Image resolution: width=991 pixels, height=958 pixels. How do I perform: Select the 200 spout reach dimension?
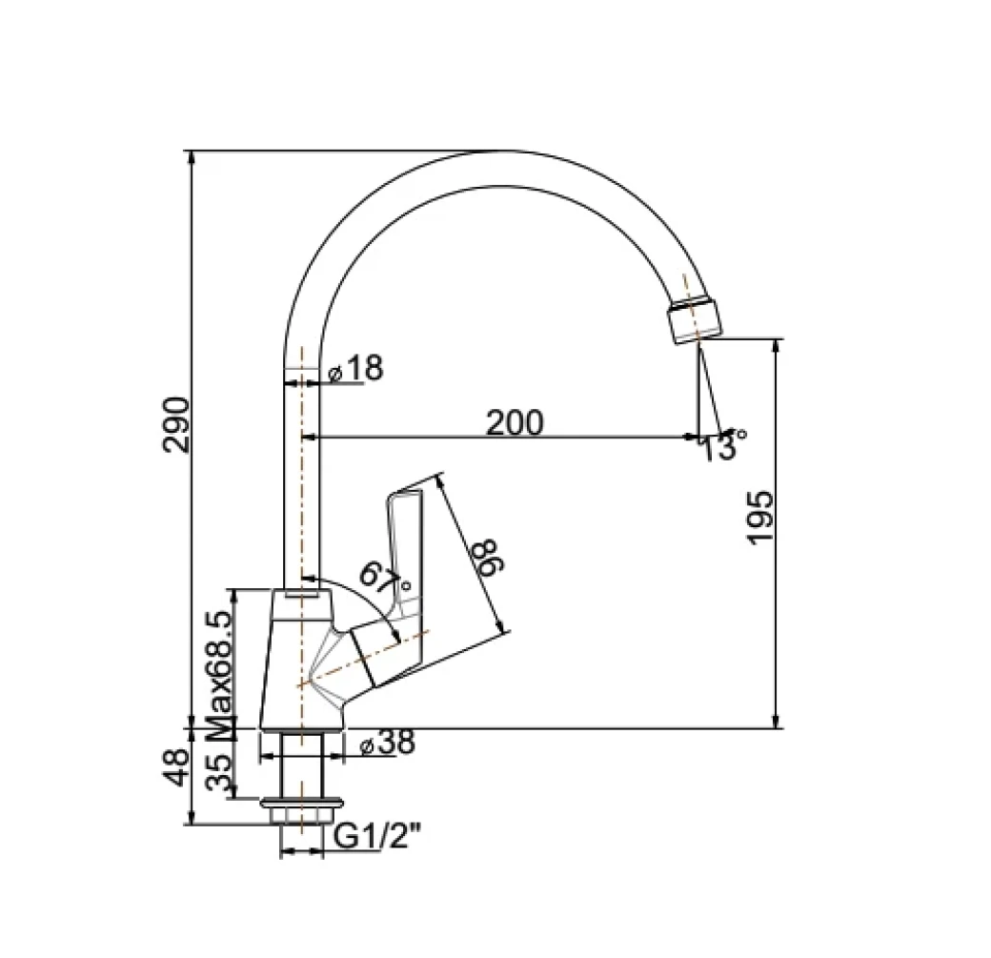click(x=515, y=421)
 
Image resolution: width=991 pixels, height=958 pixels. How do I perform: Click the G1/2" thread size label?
click(x=378, y=837)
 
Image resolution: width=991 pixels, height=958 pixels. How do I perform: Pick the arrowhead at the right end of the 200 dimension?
click(x=692, y=437)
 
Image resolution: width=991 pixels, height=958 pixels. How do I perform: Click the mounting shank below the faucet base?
click(x=300, y=767)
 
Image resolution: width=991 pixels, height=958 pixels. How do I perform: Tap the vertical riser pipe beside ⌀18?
click(x=301, y=477)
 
